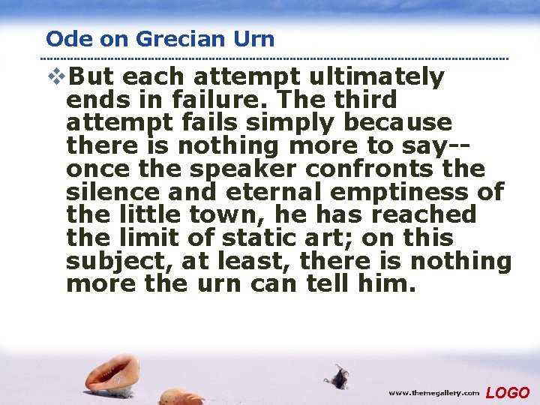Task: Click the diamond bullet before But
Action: tap(55, 77)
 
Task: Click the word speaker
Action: tap(228, 169)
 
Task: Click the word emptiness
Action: tap(405, 192)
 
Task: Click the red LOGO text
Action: tap(508, 392)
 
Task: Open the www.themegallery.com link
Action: tap(434, 392)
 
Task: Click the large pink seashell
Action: tap(112, 372)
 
